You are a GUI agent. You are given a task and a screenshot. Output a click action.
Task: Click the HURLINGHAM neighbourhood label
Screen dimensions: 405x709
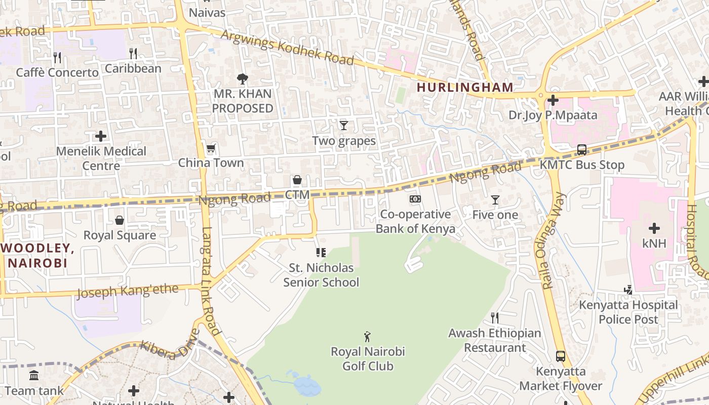pyautogui.click(x=465, y=87)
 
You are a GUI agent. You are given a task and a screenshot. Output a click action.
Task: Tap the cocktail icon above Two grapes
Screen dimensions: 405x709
pyautogui.click(x=344, y=125)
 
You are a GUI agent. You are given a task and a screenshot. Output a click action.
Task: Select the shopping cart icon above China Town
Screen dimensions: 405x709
pyautogui.click(x=211, y=148)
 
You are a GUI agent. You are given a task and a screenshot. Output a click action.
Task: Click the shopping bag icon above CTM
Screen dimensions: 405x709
pyautogui.click(x=297, y=180)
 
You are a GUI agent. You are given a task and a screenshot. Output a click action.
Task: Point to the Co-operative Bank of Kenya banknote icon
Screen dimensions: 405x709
pyautogui.click(x=415, y=199)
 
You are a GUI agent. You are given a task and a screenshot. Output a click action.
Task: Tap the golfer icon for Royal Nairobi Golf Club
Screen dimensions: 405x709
pyautogui.click(x=368, y=336)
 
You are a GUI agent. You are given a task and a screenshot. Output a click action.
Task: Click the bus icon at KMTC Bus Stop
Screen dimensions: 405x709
pyautogui.click(x=582, y=150)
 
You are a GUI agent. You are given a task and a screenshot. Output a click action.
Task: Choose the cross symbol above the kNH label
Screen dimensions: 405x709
pyautogui.click(x=654, y=228)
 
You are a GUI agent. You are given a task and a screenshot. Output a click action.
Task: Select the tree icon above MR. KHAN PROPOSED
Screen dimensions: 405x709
pyautogui.click(x=243, y=78)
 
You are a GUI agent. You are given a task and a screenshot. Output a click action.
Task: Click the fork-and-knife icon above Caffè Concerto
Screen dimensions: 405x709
pyautogui.click(x=57, y=58)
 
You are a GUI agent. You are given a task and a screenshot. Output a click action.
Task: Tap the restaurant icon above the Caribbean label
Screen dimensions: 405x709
pyautogui.click(x=133, y=53)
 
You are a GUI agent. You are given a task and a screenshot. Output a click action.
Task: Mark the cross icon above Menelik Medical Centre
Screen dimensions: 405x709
pyautogui.click(x=101, y=136)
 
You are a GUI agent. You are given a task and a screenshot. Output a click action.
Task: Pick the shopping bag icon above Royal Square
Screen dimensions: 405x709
pyautogui.click(x=120, y=220)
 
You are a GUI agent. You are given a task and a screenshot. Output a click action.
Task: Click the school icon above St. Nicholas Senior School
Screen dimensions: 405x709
pyautogui.click(x=321, y=252)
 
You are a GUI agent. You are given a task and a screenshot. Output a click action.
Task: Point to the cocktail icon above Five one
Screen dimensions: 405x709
pyautogui.click(x=495, y=200)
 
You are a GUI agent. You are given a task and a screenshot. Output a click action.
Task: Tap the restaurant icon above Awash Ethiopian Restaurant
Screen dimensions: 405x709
pyautogui.click(x=495, y=318)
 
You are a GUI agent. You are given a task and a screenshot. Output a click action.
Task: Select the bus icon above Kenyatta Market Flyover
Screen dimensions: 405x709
pyautogui.click(x=561, y=356)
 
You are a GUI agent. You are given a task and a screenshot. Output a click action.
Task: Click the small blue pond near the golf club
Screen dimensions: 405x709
pyautogui.click(x=306, y=386)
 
